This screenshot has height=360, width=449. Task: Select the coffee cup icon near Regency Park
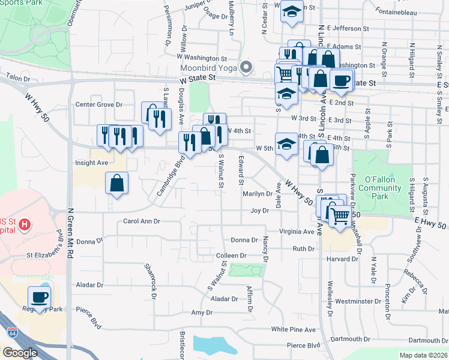point(40,297)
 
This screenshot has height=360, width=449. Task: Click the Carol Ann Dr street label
point(142,221)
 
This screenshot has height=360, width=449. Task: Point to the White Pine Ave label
point(293,329)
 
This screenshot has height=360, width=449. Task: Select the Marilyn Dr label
point(258,194)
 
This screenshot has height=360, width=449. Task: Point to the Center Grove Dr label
point(99,104)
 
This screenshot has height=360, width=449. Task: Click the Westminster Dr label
point(358,301)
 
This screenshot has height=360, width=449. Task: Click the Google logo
point(20,353)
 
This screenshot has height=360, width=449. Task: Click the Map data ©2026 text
point(423,355)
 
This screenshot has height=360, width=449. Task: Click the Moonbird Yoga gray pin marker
point(245,67)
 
